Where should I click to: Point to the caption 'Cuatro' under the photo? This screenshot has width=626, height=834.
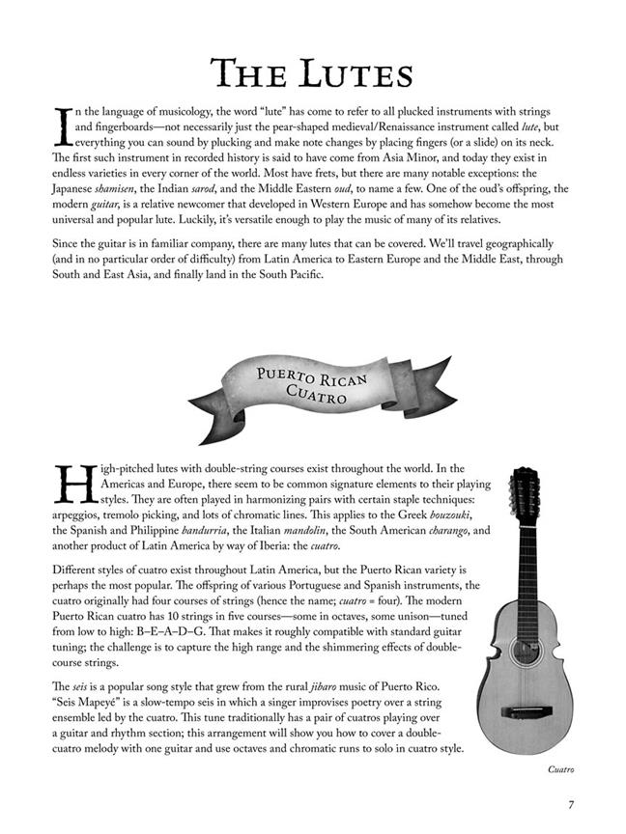559,769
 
